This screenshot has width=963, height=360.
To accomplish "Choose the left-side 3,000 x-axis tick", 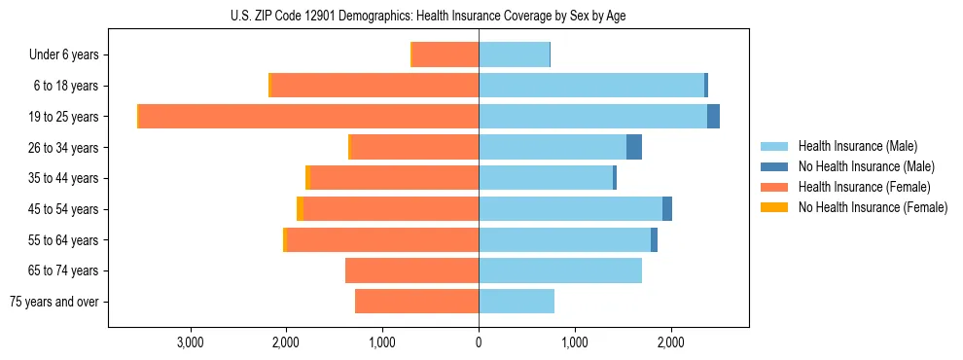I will pos(190,342).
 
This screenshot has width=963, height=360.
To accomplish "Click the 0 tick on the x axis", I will pos(479,342).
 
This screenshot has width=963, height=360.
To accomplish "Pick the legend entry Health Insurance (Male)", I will pos(857,146).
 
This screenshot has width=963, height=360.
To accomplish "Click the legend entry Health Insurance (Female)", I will pos(864,187).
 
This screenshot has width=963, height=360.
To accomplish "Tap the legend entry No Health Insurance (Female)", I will pos(873,207).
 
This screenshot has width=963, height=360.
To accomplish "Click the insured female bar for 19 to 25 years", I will pos(308,117).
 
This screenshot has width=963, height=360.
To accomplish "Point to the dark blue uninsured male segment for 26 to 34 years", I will pos(634,148).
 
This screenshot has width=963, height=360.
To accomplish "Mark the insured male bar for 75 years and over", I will pos(517,302).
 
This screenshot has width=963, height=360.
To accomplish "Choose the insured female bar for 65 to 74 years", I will pos(411,270).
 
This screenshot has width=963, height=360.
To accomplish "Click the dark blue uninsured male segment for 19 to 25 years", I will pos(713,117).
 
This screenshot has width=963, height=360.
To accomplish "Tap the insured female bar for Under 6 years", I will pos(446,55).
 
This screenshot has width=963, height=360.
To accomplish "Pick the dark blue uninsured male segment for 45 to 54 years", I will pos(667,209).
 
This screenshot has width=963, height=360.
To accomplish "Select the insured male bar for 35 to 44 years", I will pos(546,178).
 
